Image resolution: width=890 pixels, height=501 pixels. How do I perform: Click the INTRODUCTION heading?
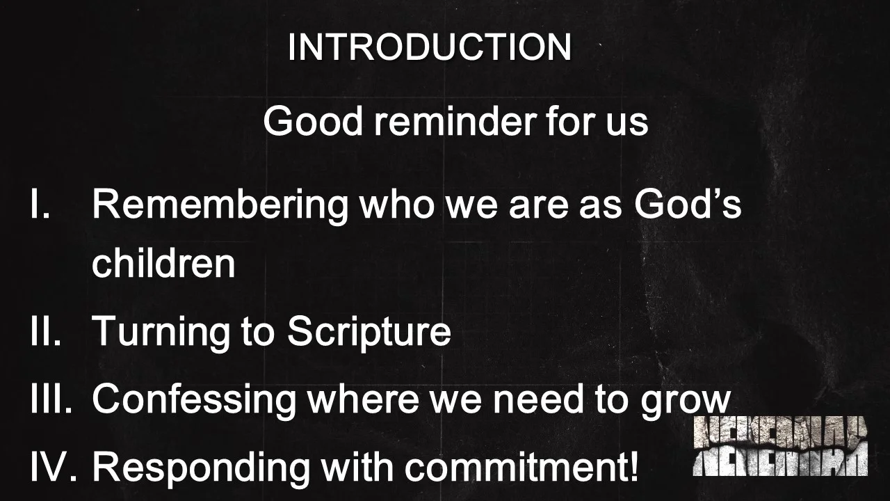[429, 47]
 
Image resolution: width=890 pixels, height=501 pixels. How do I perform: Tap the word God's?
[688, 204]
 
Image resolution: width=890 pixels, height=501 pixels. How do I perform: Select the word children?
[163, 263]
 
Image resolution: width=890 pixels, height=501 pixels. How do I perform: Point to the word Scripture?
[369, 332]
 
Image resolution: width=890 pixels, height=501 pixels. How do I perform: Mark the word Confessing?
[194, 399]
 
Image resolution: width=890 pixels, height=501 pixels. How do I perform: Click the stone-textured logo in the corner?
[780, 447]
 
